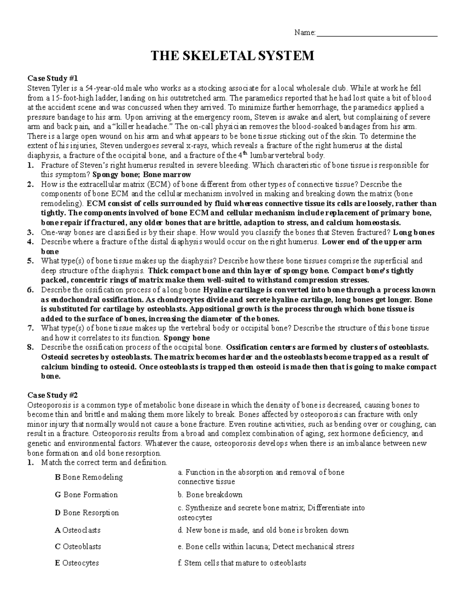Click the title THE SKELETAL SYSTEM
coord(232,56)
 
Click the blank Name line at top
coord(377,33)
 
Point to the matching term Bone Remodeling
coord(89,477)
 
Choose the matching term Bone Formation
coord(86,495)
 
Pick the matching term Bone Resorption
coord(87,513)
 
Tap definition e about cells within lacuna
coord(266,546)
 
